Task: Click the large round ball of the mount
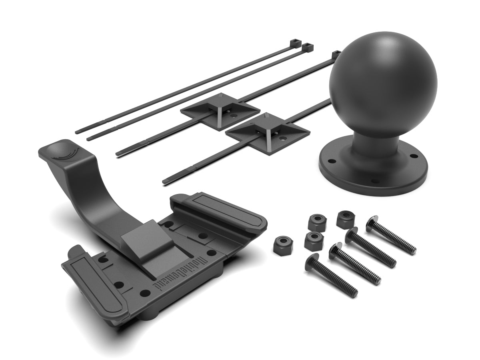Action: coord(372,84)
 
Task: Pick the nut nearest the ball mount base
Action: coord(345,220)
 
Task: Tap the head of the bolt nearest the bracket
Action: coord(312,261)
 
